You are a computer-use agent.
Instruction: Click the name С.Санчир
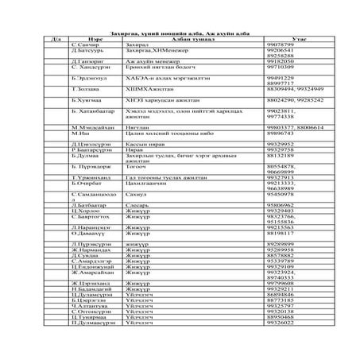click(x=86, y=45)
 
